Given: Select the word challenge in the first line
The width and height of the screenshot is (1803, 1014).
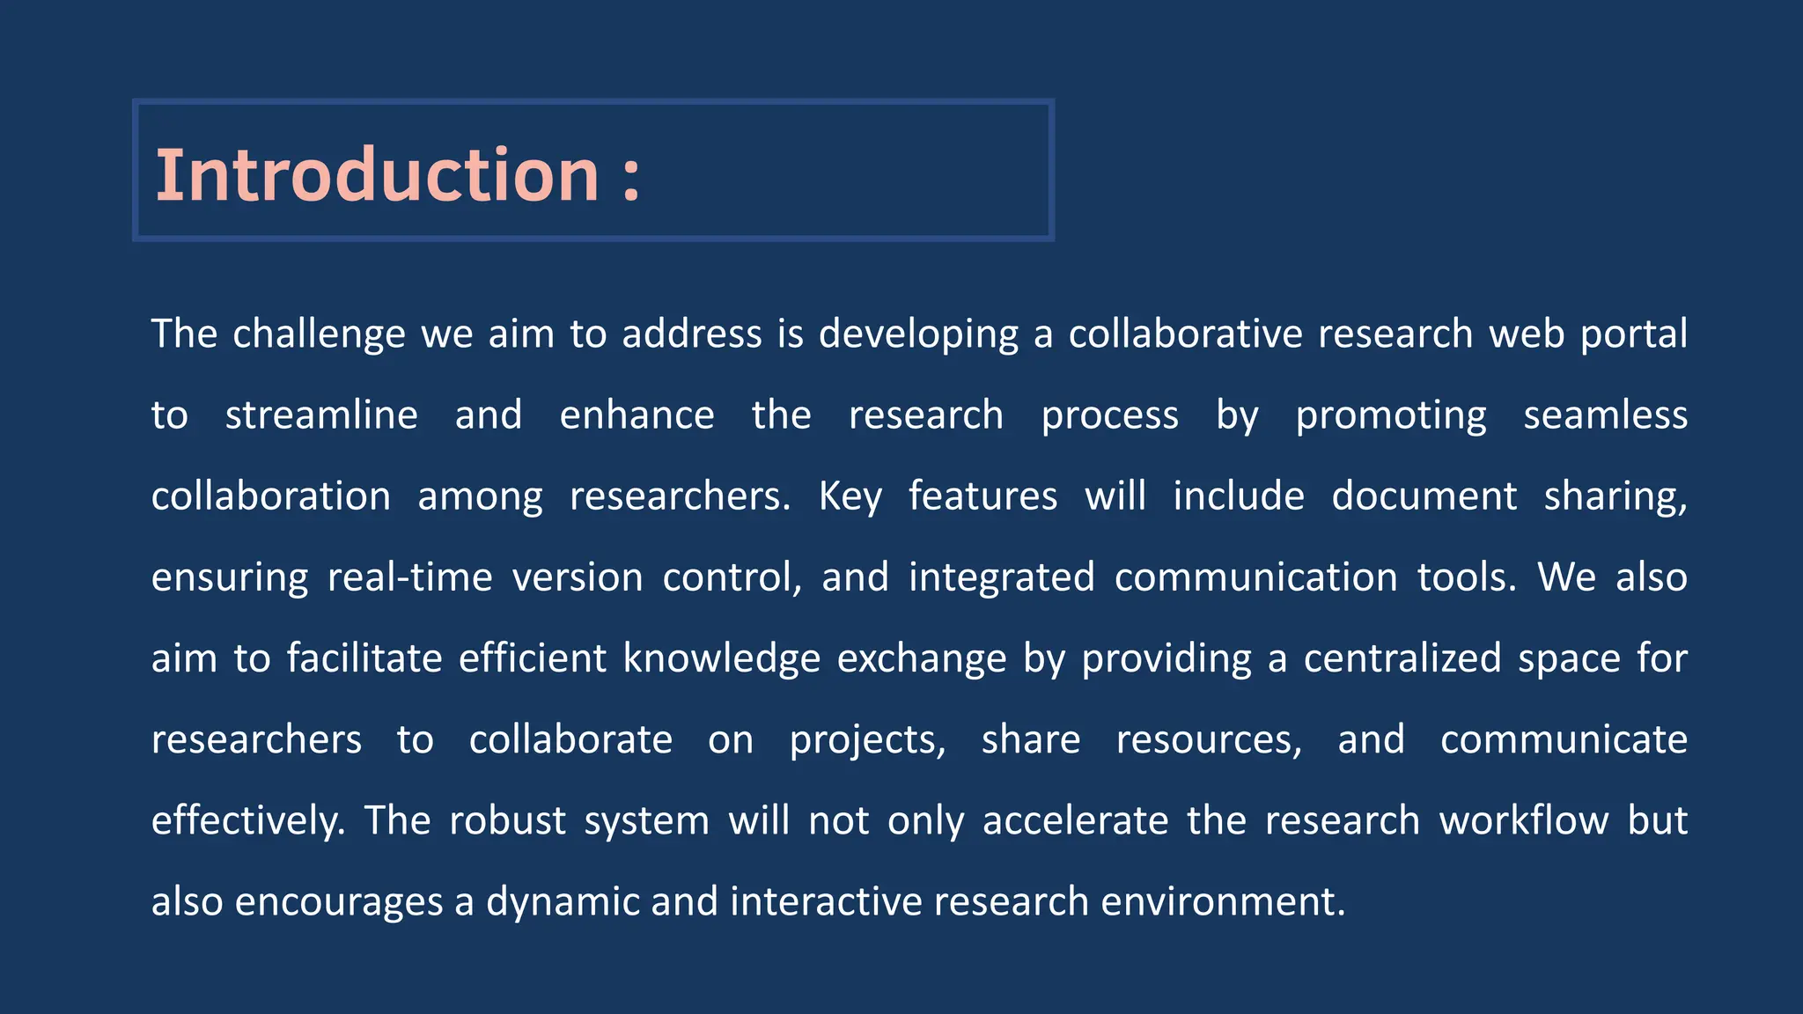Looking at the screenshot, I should [x=319, y=334].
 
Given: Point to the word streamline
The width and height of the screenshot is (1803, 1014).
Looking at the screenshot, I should [x=321, y=415].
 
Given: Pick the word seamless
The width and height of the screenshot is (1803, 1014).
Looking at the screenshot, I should [x=1605, y=415].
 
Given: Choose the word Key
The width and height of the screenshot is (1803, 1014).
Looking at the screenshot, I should [x=850, y=496].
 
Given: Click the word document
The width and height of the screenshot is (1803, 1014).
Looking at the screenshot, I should [x=1424, y=496].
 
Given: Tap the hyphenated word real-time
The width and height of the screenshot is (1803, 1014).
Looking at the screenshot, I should [x=409, y=577].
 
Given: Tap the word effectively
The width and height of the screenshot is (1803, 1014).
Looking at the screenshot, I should [x=247, y=820].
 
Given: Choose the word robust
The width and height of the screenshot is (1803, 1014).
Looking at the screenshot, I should [x=507, y=820].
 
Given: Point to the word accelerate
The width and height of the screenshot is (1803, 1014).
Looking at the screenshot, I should [x=1075, y=820].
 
